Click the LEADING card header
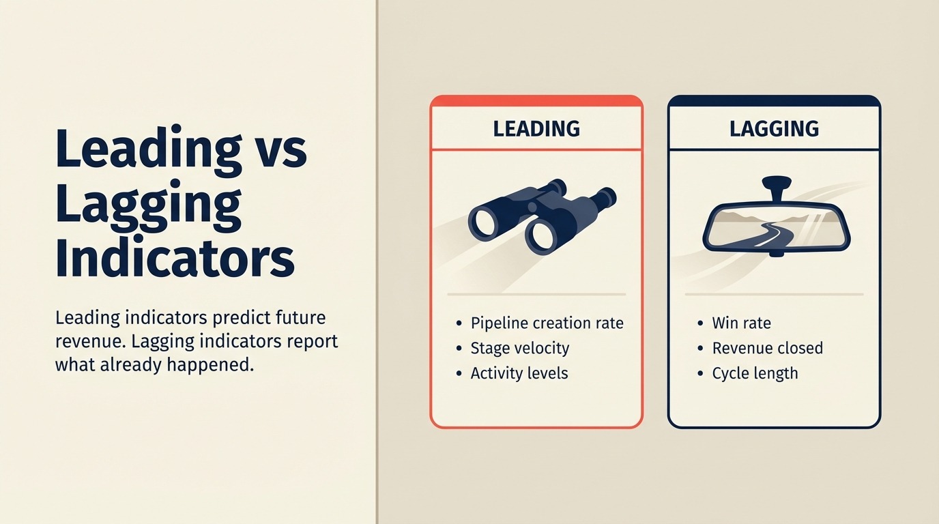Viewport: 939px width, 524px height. pos(536,128)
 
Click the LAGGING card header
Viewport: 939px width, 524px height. pos(774,128)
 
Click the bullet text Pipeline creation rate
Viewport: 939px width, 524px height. pos(547,323)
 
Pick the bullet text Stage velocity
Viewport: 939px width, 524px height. pos(519,348)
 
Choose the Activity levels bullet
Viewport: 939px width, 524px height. pos(519,373)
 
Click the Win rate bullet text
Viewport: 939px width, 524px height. pos(741,323)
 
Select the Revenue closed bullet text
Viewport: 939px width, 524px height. pos(767,348)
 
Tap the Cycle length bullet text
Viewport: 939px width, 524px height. pos(755,373)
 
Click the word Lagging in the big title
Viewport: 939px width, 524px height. pos(149,205)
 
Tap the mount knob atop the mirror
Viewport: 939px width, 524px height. pos(777,184)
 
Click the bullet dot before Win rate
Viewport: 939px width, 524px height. pos(700,323)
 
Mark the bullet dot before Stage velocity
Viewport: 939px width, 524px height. pos(459,349)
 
